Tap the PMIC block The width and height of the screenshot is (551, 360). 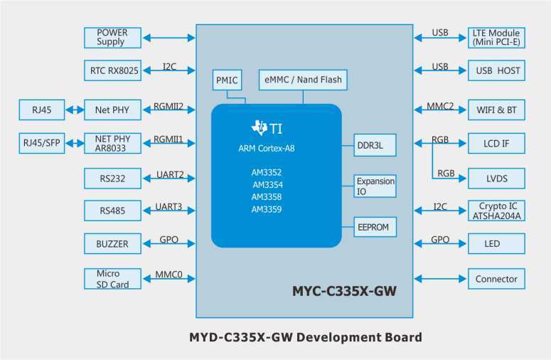(227, 80)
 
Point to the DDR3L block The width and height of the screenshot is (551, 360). (375, 144)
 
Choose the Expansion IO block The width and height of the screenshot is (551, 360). (375, 186)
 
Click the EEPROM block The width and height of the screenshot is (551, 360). (375, 227)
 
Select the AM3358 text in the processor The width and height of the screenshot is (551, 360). (266, 197)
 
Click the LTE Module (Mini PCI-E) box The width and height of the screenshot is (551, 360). (496, 37)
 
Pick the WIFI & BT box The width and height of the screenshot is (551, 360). (496, 110)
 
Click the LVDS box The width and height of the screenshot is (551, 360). (496, 178)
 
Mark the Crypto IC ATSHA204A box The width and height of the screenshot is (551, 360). (496, 211)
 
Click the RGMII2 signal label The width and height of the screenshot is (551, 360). (168, 107)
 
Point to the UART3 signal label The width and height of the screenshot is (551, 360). (168, 207)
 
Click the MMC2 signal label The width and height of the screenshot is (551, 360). (440, 107)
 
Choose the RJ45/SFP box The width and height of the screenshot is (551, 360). (42, 143)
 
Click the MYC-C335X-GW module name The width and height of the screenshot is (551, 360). (344, 292)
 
